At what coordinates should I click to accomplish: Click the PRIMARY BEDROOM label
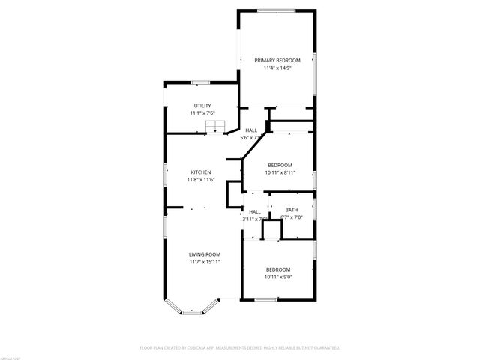tap(277, 60)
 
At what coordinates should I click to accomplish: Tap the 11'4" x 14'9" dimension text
tap(277, 68)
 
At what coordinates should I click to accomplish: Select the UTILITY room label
tap(202, 105)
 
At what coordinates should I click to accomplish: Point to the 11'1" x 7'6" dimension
tap(202, 113)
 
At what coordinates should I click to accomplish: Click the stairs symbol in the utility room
tap(215, 127)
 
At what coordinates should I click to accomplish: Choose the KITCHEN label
tap(200, 172)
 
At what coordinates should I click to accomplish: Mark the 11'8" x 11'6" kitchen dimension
tap(200, 180)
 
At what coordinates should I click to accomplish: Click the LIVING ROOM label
tap(204, 254)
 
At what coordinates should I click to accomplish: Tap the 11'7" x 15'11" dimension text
tap(204, 262)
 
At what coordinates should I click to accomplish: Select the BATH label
tap(291, 210)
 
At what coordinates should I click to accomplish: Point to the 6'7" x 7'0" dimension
tap(291, 218)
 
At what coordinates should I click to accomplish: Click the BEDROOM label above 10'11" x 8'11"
tap(280, 165)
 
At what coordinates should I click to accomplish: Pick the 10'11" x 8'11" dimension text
tap(280, 173)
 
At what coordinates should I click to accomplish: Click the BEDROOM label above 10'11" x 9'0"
tap(278, 269)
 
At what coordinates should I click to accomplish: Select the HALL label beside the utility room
tap(251, 130)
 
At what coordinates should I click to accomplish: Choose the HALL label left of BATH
tap(255, 211)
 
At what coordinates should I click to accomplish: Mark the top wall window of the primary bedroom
tap(275, 10)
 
